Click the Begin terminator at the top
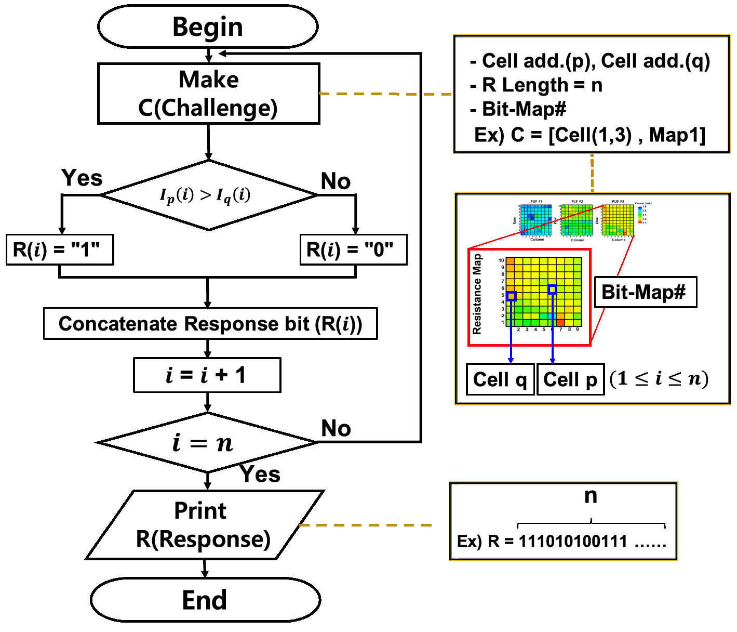(208, 27)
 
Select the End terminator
(205, 600)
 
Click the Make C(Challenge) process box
(208, 94)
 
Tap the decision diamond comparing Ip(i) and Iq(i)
(209, 195)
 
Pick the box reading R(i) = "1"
(59, 250)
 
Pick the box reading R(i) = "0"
(353, 250)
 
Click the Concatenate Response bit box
(210, 324)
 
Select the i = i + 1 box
(207, 375)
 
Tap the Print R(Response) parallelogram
(204, 525)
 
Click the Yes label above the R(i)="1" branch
(82, 178)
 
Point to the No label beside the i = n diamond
(336, 429)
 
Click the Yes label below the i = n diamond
(260, 475)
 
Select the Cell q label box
(500, 380)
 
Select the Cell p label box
(570, 380)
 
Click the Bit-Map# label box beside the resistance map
(644, 292)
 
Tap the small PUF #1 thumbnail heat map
(535, 220)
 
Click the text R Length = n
(542, 85)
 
